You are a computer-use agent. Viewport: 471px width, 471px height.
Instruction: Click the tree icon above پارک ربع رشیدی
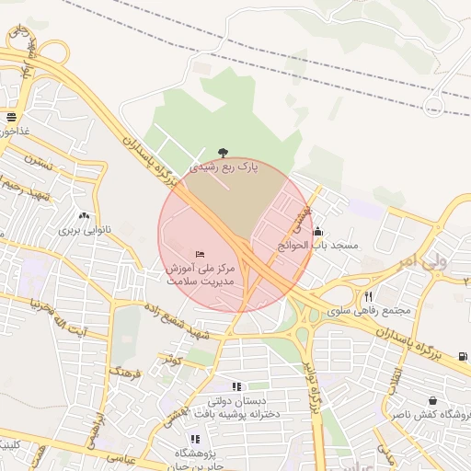click(223, 153)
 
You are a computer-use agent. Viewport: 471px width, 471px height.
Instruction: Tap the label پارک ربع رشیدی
click(224, 167)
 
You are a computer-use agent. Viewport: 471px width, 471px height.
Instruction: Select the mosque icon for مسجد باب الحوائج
click(318, 232)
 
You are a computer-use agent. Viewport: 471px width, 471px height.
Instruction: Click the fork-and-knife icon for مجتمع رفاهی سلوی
click(369, 296)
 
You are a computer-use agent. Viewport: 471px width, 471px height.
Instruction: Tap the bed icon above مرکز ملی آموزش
click(201, 253)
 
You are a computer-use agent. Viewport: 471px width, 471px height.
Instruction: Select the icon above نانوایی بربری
click(85, 214)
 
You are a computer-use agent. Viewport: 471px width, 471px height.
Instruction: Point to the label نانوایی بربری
click(85, 229)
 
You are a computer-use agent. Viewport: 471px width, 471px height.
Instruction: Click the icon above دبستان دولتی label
click(235, 386)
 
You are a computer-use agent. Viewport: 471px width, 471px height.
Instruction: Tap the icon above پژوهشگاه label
click(194, 439)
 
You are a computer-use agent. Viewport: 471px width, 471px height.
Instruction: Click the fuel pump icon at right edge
click(462, 357)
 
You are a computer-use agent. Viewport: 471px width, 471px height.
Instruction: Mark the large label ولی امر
click(420, 262)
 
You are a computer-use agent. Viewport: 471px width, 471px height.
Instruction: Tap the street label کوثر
click(172, 360)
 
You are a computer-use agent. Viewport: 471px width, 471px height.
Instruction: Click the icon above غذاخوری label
click(11, 118)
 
